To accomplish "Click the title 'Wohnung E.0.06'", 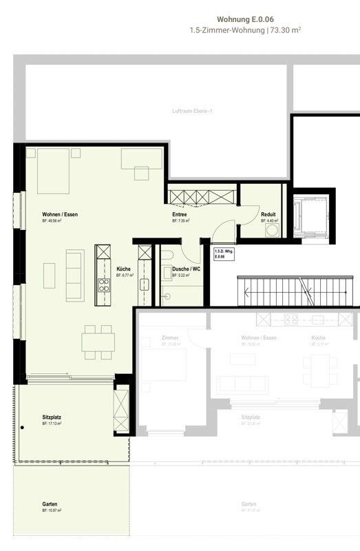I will pyautogui.click(x=244, y=20).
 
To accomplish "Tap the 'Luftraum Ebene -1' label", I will pyautogui.click(x=191, y=111).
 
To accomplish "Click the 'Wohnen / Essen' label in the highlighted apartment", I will pyautogui.click(x=60, y=215).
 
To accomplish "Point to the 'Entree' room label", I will pyautogui.click(x=180, y=215).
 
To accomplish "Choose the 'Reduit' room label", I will pyautogui.click(x=268, y=215).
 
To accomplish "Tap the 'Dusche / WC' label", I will pyautogui.click(x=187, y=269).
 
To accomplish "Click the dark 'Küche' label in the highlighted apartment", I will pyautogui.click(x=123, y=269).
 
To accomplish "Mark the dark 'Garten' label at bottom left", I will pyautogui.click(x=50, y=503).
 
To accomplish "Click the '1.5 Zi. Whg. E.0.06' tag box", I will pyautogui.click(x=223, y=253).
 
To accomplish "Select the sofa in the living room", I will pyautogui.click(x=74, y=275).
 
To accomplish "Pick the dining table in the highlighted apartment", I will pyautogui.click(x=97, y=342).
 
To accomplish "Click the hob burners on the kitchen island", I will pyautogui.click(x=103, y=284).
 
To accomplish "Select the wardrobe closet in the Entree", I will pyautogui.click(x=202, y=197).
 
